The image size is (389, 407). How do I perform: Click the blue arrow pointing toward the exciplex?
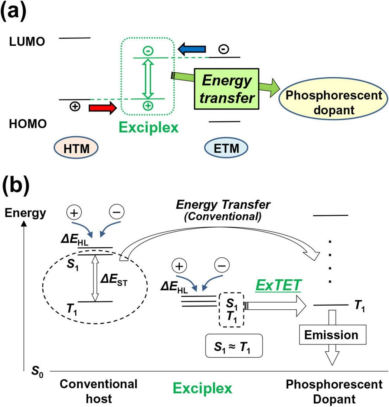pos(192,48)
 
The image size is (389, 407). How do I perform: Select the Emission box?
pos(331,335)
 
